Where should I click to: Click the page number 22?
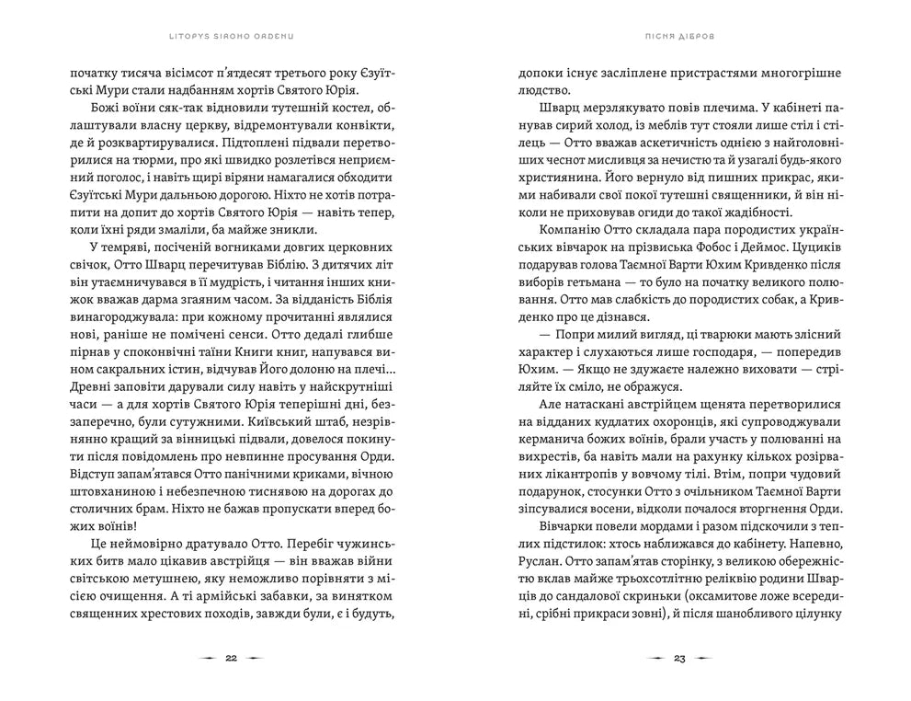click(231, 659)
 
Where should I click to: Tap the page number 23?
click(679, 659)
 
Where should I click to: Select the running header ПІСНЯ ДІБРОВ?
click(680, 39)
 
